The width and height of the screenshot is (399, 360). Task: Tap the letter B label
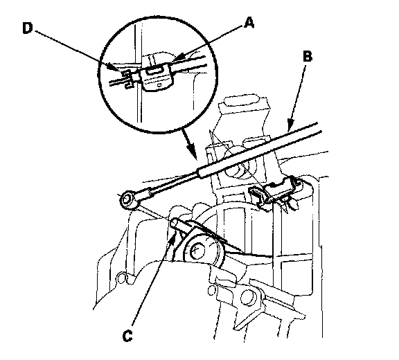click(308, 57)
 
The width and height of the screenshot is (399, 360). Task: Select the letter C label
click(127, 336)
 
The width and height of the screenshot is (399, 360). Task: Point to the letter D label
click(28, 28)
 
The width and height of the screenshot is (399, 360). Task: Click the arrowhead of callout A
click(178, 58)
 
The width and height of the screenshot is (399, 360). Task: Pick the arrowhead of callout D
click(114, 67)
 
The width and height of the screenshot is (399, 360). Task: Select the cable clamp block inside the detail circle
click(155, 75)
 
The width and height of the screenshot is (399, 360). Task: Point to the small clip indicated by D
click(127, 78)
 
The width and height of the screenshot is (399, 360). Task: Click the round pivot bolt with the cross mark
click(197, 251)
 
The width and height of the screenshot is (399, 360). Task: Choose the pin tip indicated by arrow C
click(175, 223)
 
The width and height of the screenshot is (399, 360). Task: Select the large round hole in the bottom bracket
click(247, 297)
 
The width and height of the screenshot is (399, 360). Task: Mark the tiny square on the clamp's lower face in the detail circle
click(159, 84)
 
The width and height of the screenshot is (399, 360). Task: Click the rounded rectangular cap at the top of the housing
click(242, 100)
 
